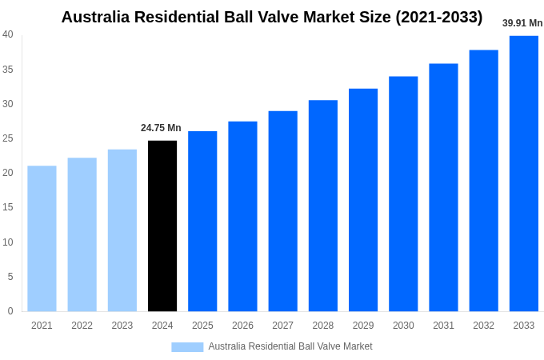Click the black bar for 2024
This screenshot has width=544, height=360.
pos(162,226)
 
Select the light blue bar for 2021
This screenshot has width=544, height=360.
pos(42,238)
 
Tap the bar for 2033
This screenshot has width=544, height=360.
pos(523,174)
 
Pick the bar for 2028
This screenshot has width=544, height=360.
pos(322,206)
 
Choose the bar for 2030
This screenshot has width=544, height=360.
pos(403,194)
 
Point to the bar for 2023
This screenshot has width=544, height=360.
pos(122,230)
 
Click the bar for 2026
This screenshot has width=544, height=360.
pos(242,216)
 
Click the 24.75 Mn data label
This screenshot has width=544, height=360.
pos(161,128)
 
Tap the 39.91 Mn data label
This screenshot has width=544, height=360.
pos(522,23)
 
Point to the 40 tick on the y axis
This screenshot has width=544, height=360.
pos(8,34)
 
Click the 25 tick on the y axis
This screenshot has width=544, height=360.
pos(8,138)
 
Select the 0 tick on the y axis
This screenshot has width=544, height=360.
pos(10,311)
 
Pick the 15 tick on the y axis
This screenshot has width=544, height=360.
pos(8,207)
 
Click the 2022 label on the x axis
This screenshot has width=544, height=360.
pos(82,326)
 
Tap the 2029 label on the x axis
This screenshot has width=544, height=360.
pos(363,326)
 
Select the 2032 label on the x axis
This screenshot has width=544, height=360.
pos(483,326)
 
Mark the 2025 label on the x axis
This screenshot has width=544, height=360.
pos(202,326)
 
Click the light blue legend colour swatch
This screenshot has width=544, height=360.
pos(187,347)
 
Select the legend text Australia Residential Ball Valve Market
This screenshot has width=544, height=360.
pos(290,346)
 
